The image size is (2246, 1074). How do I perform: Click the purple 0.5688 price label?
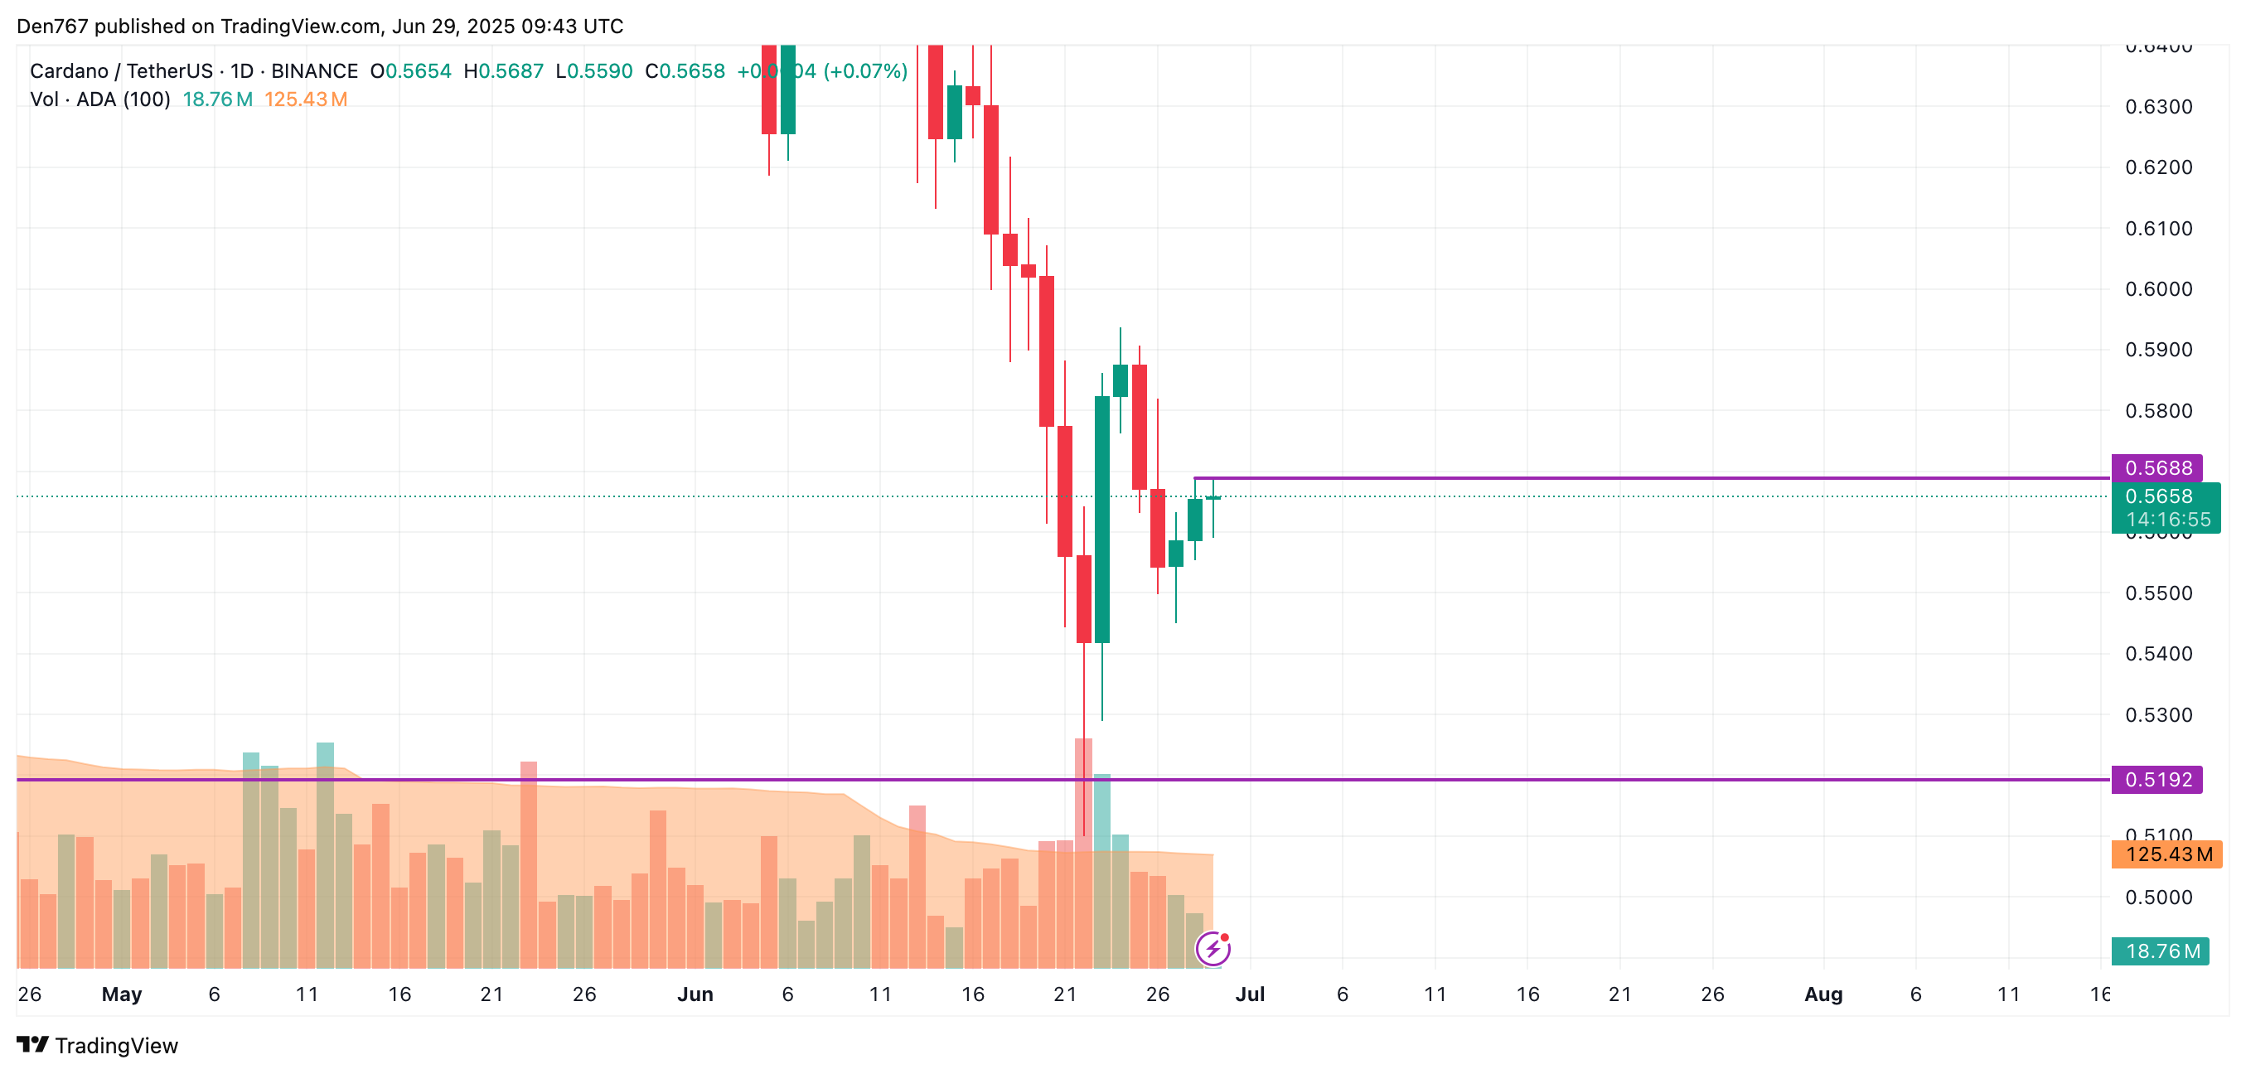(x=2156, y=468)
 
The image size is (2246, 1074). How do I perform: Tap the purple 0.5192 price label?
(x=2156, y=779)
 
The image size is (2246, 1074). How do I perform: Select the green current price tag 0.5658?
(x=2158, y=497)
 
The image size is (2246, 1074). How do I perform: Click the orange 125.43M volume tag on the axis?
(x=2166, y=854)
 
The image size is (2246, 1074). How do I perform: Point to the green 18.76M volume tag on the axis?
(x=2159, y=951)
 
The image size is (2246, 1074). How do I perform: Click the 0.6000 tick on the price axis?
(x=2158, y=289)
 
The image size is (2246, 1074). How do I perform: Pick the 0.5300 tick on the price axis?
(x=2158, y=715)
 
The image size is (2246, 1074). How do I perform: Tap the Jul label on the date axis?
(x=1250, y=994)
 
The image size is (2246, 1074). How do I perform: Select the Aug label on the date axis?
(x=1822, y=994)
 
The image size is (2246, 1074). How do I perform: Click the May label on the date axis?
(x=121, y=994)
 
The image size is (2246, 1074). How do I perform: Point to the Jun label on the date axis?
(x=695, y=994)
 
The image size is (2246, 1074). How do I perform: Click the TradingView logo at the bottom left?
(x=97, y=1045)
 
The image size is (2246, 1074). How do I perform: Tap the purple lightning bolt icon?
(x=1213, y=949)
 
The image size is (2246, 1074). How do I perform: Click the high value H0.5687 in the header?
(x=503, y=71)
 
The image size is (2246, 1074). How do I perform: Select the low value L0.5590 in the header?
(x=594, y=71)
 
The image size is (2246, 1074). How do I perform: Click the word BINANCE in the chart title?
(x=314, y=71)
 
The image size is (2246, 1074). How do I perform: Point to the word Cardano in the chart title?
(x=69, y=71)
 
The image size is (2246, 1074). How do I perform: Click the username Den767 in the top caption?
(x=52, y=27)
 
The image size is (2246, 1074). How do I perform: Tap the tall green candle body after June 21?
(x=1102, y=519)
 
